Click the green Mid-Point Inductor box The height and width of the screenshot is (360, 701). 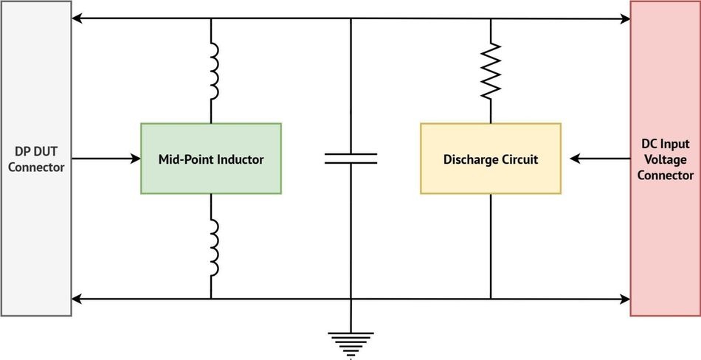tap(211, 159)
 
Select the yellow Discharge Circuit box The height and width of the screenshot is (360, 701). tap(490, 159)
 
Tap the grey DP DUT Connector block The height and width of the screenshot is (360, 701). tap(35, 159)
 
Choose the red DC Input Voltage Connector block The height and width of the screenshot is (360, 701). tap(665, 159)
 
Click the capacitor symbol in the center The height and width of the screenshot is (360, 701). tap(350, 158)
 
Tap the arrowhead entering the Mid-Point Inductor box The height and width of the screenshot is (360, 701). tap(136, 158)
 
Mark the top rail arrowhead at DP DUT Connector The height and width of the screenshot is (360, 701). tap(77, 18)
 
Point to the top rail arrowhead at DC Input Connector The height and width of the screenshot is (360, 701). tap(624, 18)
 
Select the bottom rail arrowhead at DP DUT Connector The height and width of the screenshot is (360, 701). tap(77, 299)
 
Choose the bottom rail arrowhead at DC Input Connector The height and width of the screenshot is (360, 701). tap(624, 299)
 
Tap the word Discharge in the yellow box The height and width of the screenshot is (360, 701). tap(468, 159)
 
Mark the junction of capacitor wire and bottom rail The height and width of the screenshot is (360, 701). tap(350, 299)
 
